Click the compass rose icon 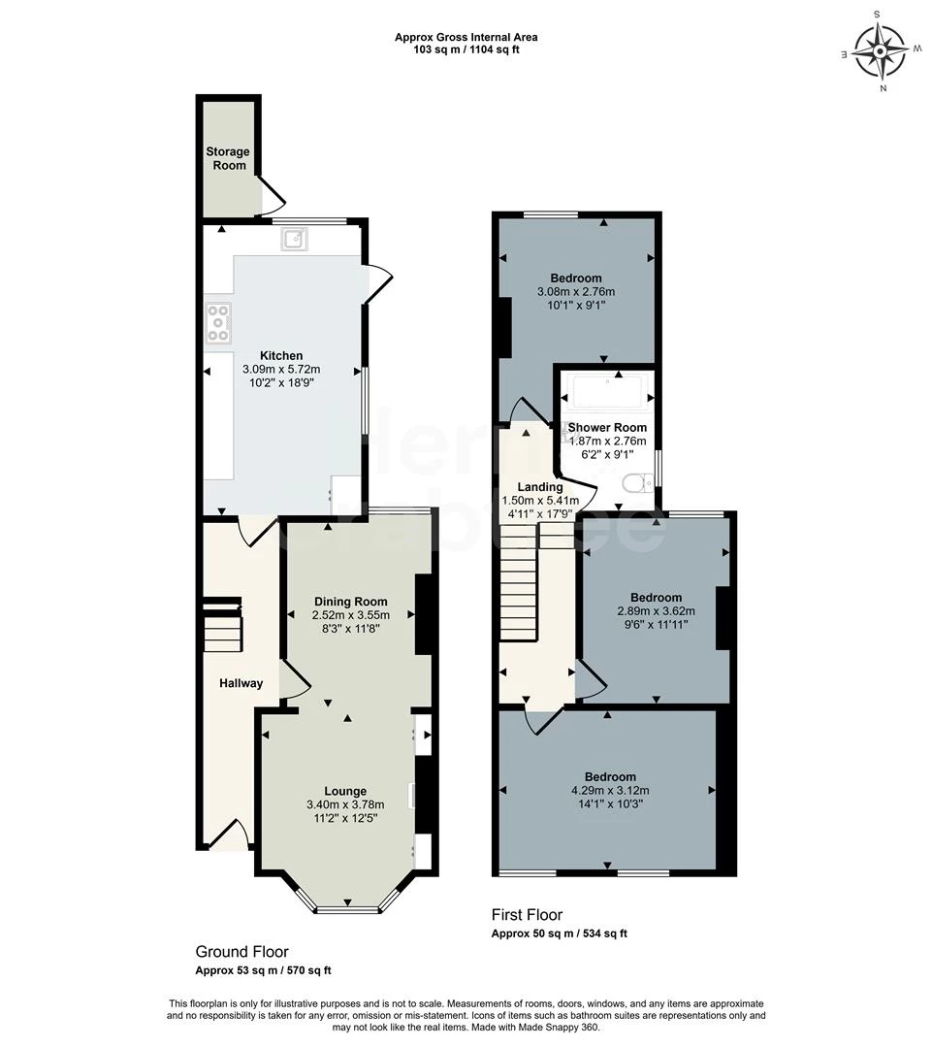tap(881, 50)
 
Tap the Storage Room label tap(227, 158)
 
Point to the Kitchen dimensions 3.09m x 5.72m tap(281, 370)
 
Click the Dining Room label tap(350, 602)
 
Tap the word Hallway tap(240, 683)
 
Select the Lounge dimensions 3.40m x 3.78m tap(345, 804)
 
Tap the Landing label tap(539, 487)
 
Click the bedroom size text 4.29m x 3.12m tap(610, 790)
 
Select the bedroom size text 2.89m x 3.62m tap(656, 611)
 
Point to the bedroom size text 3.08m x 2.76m tap(576, 291)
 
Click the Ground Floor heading tap(241, 952)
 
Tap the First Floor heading tap(527, 914)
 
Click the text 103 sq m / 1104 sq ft tap(466, 49)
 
